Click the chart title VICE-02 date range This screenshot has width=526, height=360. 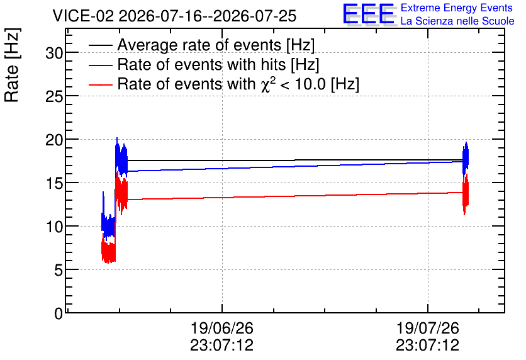pos(174,16)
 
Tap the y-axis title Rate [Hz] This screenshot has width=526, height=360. pos(12,65)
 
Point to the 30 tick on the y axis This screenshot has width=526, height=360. pos(54,53)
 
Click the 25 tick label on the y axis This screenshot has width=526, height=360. pos(54,96)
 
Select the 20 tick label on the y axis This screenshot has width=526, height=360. pos(54,140)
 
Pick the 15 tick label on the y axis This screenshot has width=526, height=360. pos(54,183)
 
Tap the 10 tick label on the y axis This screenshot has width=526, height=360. pos(54,227)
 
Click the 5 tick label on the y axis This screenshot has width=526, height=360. pos(59,270)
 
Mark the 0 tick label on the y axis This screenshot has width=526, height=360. pos(59,313)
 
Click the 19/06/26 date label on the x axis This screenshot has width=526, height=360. pos(221,328)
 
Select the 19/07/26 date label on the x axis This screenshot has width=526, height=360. pos(427,328)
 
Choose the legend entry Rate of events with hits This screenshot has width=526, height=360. pos(218,64)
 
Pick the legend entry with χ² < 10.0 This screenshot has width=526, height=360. pos(238,84)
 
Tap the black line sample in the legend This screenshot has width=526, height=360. pos(100,45)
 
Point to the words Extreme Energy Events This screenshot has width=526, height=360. pos(457,8)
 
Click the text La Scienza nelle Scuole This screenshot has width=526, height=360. pos(457,21)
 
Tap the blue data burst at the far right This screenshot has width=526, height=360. pos(466,158)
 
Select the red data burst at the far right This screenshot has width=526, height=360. pos(465,194)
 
